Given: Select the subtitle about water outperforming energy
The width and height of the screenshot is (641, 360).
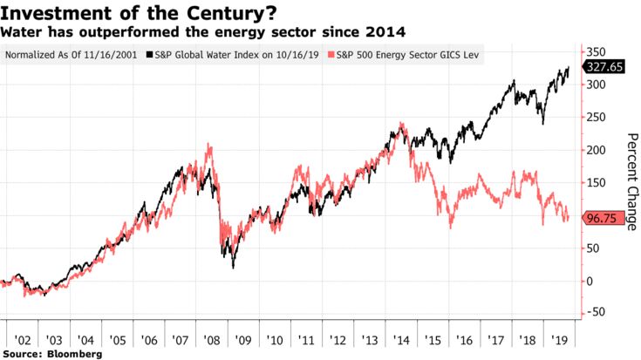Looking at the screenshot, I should pos(202,32).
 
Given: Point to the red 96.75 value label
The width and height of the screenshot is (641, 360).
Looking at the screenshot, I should pos(602,218).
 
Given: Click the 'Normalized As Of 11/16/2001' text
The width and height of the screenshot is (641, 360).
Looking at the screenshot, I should pos(71,54).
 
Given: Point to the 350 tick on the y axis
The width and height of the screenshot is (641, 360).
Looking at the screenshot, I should pos(593,51).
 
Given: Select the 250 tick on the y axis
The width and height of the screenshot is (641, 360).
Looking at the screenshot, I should pos(593,117).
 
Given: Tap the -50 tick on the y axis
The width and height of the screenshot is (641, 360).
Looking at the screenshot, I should pos(593,313).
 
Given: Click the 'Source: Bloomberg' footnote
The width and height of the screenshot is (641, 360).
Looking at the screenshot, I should pos(52,354).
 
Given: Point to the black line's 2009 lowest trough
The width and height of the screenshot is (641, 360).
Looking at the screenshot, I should pos(234,267).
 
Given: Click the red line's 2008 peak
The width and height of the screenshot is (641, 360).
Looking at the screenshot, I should pos(208,145).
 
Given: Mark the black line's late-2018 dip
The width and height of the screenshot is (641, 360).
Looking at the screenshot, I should pos(544,124).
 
